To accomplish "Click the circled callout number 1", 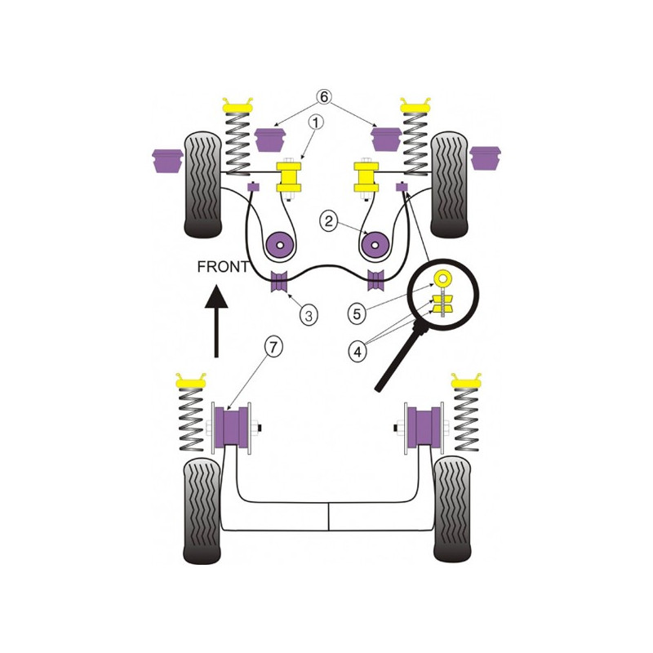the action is coord(316,122).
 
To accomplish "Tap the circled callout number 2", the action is coord(329,220).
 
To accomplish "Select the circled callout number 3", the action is coord(309,315).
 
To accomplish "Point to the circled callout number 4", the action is coord(358,352).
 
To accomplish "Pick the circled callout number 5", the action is coord(357,313).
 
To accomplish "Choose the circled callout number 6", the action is coord(323,96).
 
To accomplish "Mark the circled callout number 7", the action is coord(273,346).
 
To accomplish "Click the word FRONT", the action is coord(223,267).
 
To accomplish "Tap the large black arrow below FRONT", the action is coord(216,321).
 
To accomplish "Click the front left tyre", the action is coord(202,184).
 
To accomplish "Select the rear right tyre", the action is coord(452,509).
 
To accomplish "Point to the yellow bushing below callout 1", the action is coord(289,177).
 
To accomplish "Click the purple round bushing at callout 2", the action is coord(280,246).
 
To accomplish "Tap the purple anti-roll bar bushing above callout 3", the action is coord(279,281).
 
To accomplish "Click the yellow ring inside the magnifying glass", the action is coord(442,278).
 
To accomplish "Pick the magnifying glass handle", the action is coord(400,359).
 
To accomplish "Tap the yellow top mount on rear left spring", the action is coord(191,380).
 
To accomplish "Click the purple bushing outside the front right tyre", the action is coord(485,158).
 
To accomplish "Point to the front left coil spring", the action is coord(238,144).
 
